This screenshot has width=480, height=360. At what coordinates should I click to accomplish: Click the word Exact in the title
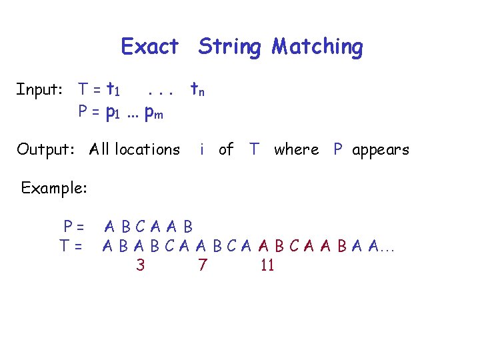(150, 47)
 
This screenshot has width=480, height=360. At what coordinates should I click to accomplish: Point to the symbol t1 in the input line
(113, 89)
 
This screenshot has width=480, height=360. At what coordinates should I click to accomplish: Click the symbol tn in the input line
(197, 89)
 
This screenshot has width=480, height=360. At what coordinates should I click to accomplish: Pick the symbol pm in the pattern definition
(154, 113)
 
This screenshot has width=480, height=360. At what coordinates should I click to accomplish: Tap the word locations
(147, 149)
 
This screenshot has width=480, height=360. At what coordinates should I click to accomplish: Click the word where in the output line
(297, 149)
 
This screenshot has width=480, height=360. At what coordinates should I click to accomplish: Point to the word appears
(381, 150)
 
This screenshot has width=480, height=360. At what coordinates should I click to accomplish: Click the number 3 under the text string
(140, 265)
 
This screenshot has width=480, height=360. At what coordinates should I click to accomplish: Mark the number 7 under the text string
(202, 265)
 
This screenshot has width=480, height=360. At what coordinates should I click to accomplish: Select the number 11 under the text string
(267, 265)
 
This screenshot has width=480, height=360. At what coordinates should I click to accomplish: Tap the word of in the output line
(226, 149)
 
